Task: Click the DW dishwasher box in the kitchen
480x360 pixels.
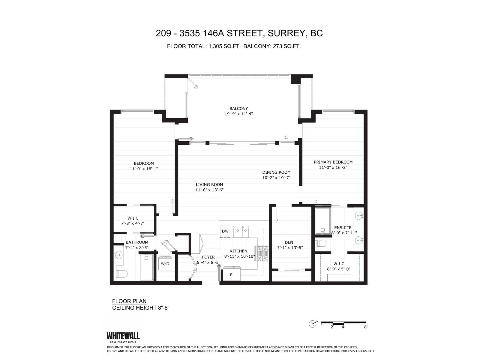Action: [225, 231]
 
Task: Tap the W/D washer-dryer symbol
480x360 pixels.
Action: [165, 263]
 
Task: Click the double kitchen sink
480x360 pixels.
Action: [241, 232]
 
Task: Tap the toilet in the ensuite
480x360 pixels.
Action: [321, 243]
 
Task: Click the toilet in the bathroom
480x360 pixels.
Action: [122, 274]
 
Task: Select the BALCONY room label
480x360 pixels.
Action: [238, 109]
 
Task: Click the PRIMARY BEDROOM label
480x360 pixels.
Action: [333, 162]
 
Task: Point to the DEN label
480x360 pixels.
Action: [289, 242]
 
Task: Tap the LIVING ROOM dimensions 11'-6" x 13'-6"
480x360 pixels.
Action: [209, 190]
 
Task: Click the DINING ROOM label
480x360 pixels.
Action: [276, 172]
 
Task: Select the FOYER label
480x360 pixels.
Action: [208, 257]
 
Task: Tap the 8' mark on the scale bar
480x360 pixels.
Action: [365, 327]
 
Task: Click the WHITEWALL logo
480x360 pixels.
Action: [123, 336]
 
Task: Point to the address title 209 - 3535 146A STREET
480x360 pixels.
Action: [239, 33]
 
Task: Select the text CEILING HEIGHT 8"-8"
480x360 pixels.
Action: [141, 308]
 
